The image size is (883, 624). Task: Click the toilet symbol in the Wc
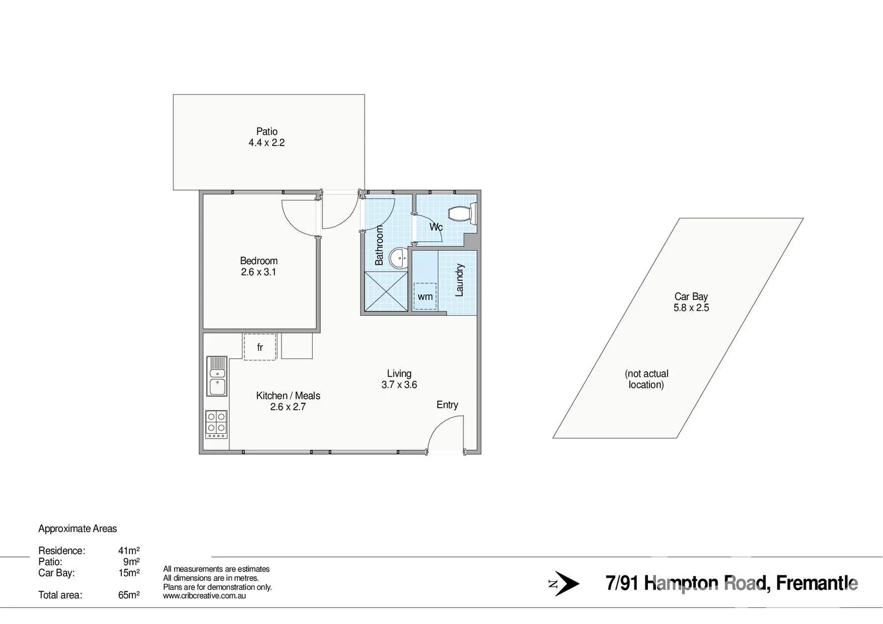pyautogui.click(x=464, y=214)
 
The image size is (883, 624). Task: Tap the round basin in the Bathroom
pyautogui.click(x=398, y=258)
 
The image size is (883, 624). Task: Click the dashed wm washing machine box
pyautogui.click(x=425, y=296)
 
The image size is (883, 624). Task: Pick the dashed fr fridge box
pyautogui.click(x=259, y=347)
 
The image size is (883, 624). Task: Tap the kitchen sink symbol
pyautogui.click(x=217, y=376)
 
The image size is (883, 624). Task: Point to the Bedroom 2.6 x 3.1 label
pyautogui.click(x=259, y=266)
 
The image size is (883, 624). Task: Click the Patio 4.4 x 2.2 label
pyautogui.click(x=267, y=137)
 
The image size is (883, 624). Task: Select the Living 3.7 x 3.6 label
pyautogui.click(x=399, y=379)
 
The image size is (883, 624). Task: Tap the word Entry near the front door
pyautogui.click(x=447, y=405)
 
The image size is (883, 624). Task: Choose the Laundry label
pyautogui.click(x=459, y=280)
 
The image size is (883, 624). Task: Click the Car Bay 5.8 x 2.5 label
pyautogui.click(x=691, y=302)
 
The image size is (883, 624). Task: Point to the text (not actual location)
pyautogui.click(x=646, y=379)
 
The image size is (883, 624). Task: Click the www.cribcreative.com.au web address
pyautogui.click(x=205, y=596)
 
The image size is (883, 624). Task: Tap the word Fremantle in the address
pyautogui.click(x=817, y=584)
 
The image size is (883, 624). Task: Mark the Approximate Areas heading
pyautogui.click(x=77, y=529)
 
